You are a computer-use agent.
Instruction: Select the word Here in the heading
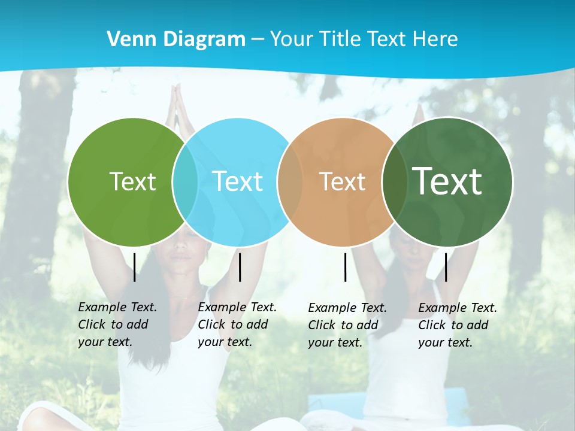tap(435, 40)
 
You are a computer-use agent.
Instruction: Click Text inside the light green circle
tap(132, 181)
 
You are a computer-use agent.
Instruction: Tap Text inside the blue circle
tap(238, 181)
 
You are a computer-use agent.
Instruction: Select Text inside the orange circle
tap(342, 181)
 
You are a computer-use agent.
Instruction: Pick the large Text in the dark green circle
tap(447, 181)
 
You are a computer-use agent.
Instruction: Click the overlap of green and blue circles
tap(185, 181)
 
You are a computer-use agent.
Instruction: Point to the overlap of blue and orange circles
tap(290, 181)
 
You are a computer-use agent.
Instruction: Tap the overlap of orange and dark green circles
tap(395, 181)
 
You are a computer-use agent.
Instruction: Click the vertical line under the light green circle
tap(135, 267)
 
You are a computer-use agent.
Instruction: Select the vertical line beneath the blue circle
tap(240, 267)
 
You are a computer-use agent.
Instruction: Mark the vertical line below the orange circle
tap(346, 267)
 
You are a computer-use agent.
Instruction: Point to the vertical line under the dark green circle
tap(446, 267)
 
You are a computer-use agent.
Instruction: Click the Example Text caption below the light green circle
tap(117, 324)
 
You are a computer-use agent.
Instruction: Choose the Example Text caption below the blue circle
tap(237, 324)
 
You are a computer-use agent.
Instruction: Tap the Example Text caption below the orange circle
tap(347, 325)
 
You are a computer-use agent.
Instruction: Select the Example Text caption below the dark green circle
tap(457, 325)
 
